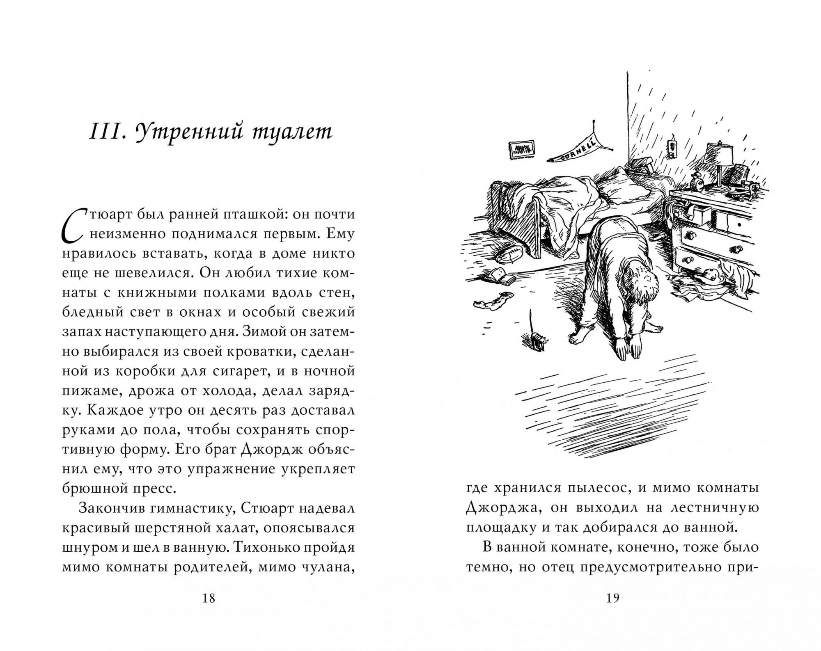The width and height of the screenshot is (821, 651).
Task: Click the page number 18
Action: pyautogui.click(x=209, y=598)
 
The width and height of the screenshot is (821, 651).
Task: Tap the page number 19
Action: pyautogui.click(x=612, y=598)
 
